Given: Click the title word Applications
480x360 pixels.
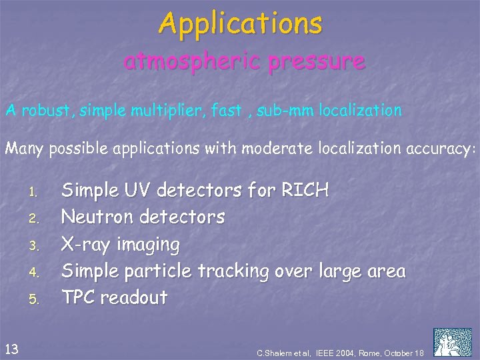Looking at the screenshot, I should (241, 24).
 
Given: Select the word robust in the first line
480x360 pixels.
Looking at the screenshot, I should (46, 111).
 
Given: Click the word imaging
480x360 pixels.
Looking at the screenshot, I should (149, 245).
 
